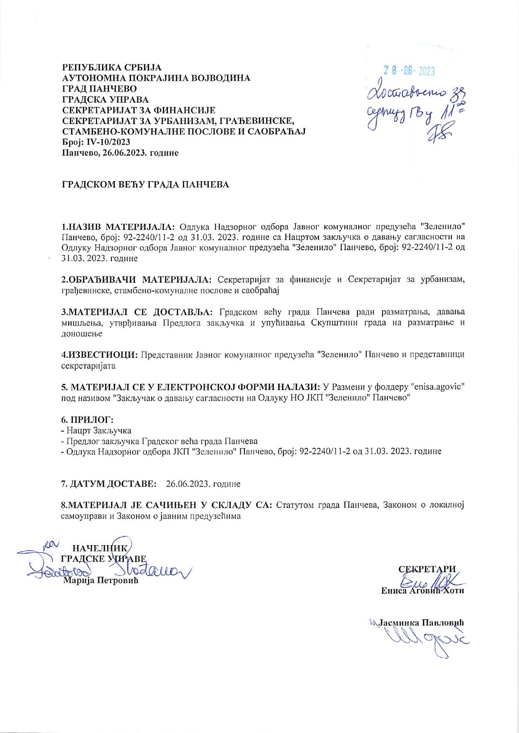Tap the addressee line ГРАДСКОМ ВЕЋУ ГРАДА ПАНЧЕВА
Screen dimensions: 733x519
[x=145, y=185]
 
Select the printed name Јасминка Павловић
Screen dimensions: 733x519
[x=421, y=623]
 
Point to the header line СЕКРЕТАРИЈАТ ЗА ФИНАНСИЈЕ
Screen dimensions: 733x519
[x=139, y=110]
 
